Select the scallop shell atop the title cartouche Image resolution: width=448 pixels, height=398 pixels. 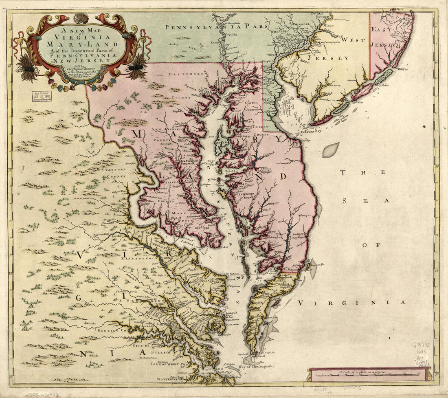click(x=81, y=18)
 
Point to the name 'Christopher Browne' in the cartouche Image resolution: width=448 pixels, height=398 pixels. click(x=81, y=69)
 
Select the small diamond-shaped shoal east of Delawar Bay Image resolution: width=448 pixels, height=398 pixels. click(x=331, y=150)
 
